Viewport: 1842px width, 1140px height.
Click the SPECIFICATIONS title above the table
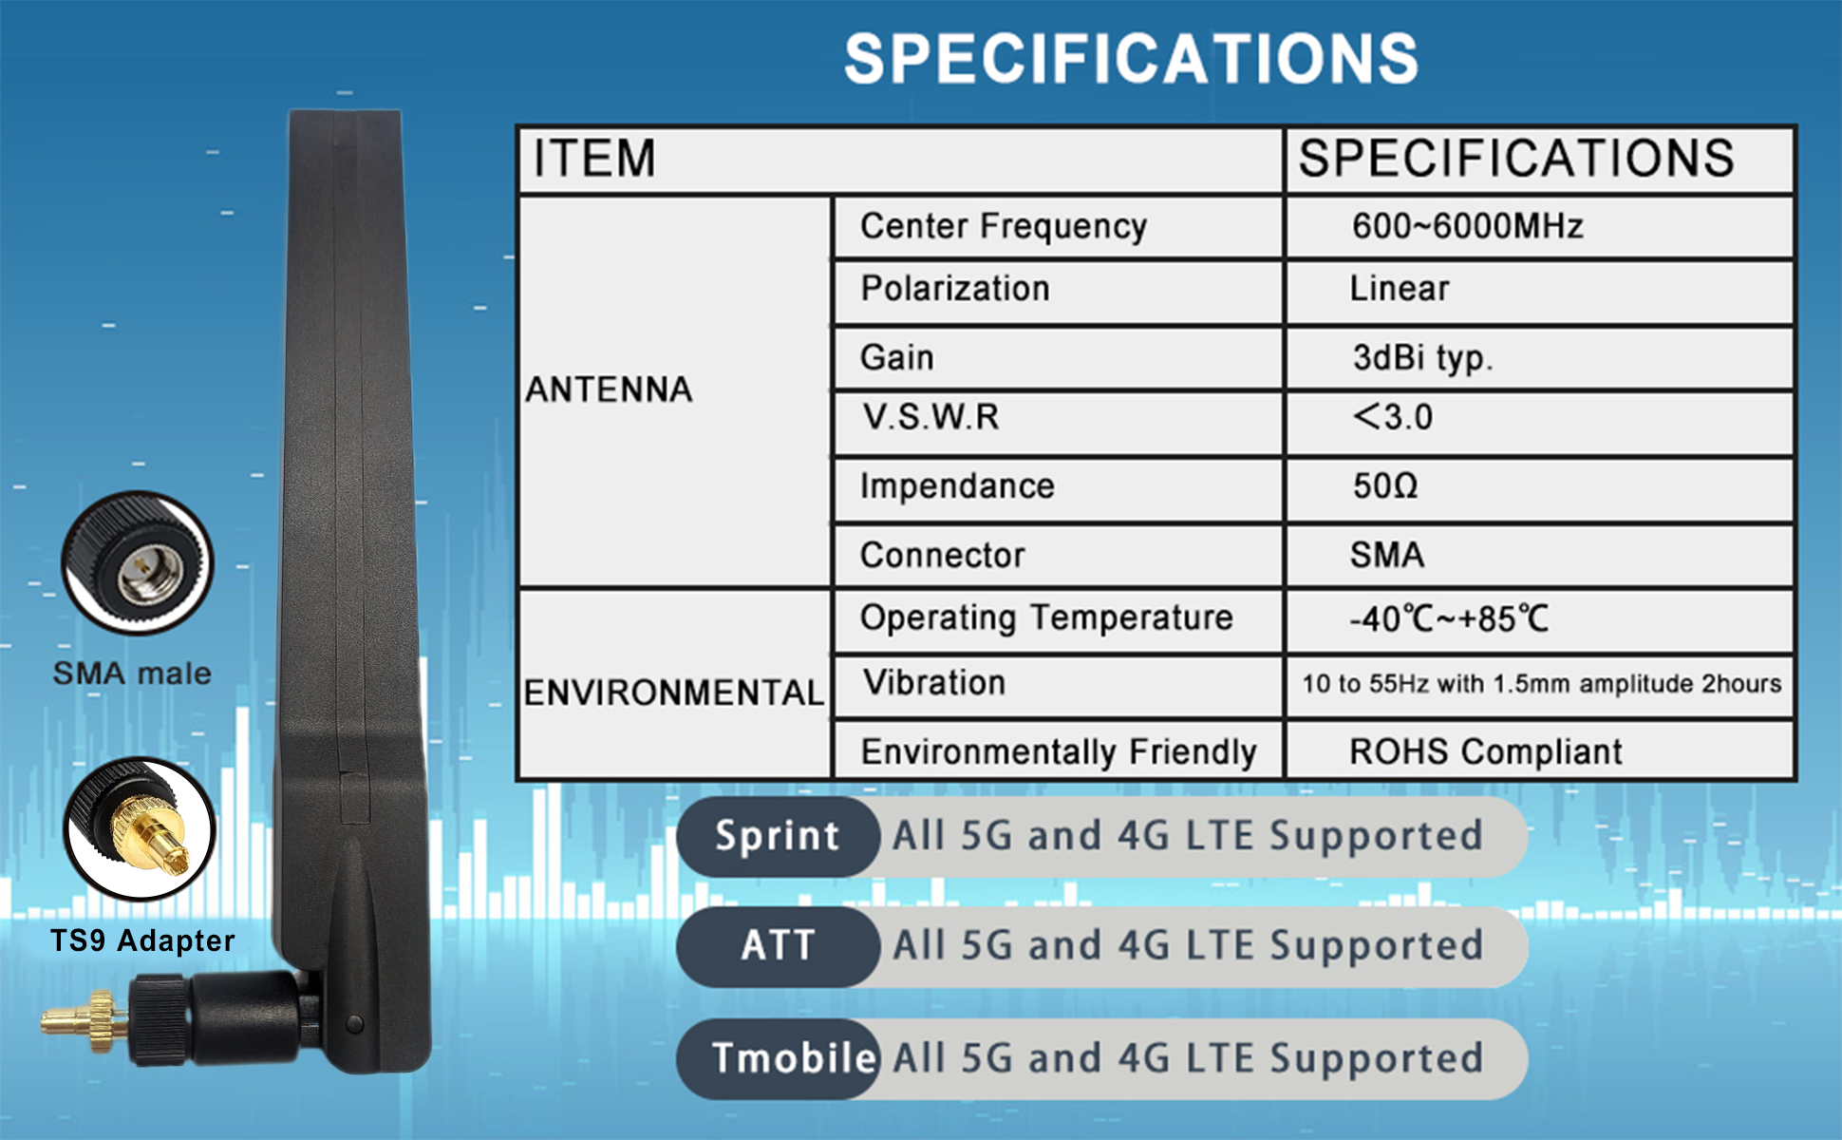(1131, 59)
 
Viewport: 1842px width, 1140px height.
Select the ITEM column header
(594, 158)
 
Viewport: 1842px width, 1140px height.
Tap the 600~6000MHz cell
(1468, 226)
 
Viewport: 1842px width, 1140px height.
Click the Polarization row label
(955, 288)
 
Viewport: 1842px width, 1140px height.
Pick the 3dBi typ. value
(1422, 358)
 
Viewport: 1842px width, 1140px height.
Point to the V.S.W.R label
(930, 417)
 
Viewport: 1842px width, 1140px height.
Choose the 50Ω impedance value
(1385, 486)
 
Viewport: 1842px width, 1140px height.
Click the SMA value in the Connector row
(1387, 555)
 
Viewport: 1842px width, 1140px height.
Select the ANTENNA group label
(609, 389)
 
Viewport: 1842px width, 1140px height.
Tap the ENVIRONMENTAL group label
(674, 693)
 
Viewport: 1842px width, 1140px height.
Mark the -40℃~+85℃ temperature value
(1449, 618)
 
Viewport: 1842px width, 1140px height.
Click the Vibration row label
(934, 682)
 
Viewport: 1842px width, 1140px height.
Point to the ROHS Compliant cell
(1486, 751)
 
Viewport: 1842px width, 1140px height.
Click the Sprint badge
(778, 836)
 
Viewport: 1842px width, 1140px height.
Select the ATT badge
(778, 946)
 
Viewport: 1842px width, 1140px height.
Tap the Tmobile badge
(778, 1058)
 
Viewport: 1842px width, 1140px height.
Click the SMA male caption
(132, 673)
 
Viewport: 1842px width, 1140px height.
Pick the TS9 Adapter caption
(142, 940)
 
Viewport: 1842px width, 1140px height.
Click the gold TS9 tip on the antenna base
(84, 1021)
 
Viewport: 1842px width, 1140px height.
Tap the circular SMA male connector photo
(138, 563)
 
